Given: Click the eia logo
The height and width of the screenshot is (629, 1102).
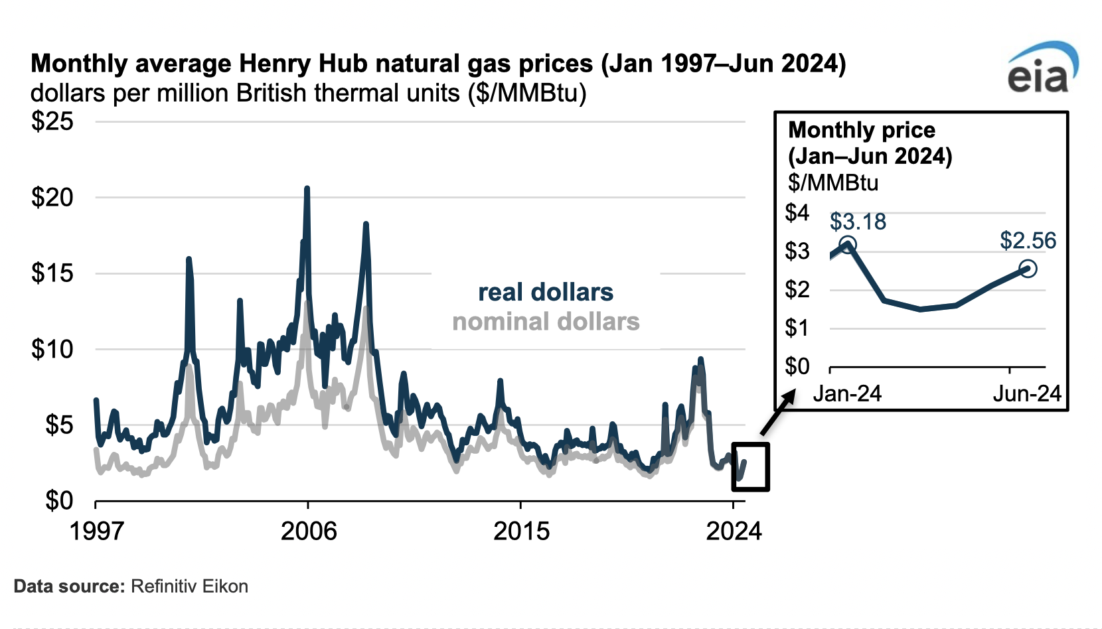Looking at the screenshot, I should (1041, 69).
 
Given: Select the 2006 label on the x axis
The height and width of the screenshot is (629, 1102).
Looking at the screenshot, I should (309, 531).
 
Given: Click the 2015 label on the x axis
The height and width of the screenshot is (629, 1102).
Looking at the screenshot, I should (521, 531).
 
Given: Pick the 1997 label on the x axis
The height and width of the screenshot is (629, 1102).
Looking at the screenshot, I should (97, 531).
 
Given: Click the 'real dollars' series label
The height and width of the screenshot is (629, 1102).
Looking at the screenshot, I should (546, 293).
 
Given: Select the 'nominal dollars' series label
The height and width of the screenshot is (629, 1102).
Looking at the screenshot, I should (546, 322).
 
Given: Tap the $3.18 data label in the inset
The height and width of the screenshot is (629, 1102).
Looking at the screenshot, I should (858, 222).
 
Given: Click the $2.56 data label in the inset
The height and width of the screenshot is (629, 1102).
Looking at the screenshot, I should (1028, 241).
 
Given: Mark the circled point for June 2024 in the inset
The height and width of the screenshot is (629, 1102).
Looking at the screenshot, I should (1028, 269).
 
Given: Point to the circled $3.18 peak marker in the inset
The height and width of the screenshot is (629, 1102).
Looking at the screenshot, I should (848, 245).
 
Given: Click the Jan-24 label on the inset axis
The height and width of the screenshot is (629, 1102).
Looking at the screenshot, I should (847, 394).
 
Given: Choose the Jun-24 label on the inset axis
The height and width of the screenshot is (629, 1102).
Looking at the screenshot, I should (1027, 394).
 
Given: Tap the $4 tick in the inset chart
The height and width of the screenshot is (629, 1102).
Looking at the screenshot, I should (797, 213).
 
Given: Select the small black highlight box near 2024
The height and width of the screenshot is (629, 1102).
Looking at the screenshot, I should (750, 466).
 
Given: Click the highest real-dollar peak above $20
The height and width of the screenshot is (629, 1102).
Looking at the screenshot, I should (307, 189).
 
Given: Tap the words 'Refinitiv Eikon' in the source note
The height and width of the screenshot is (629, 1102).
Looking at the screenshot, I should (189, 587).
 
